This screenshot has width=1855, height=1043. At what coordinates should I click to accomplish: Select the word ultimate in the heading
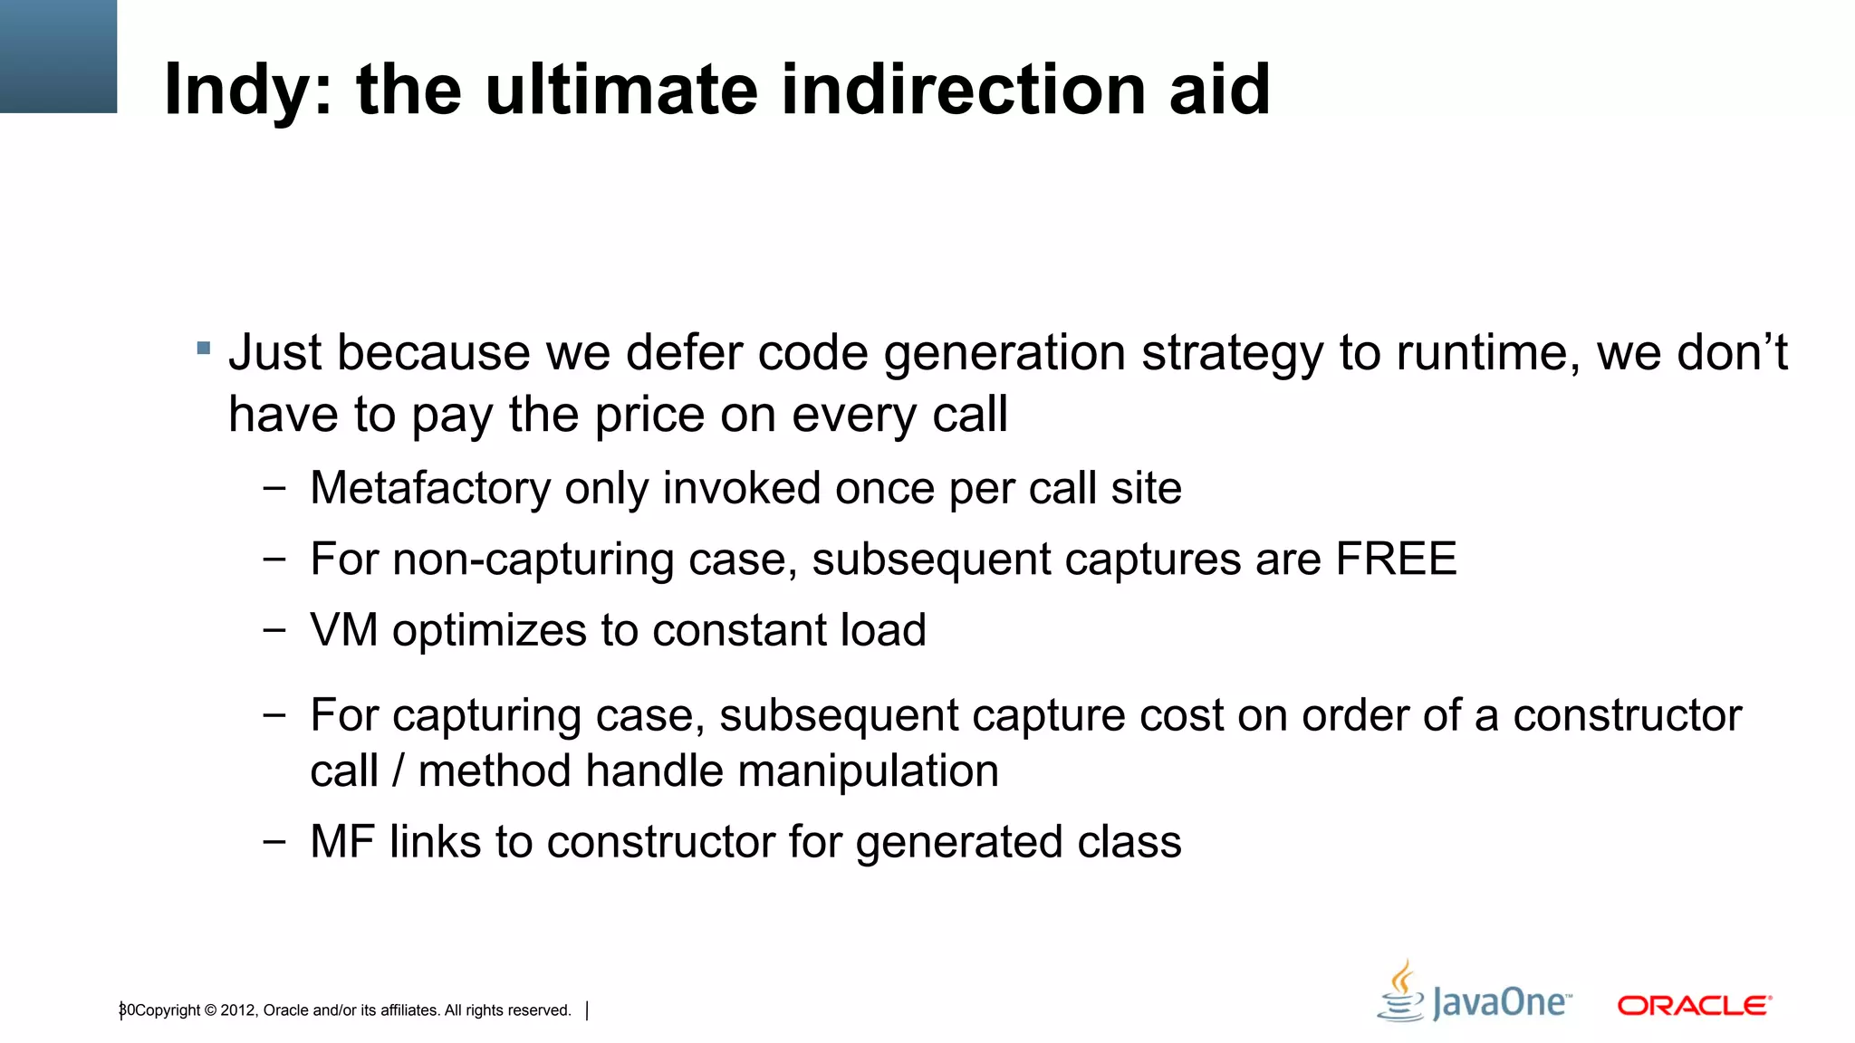click(x=621, y=91)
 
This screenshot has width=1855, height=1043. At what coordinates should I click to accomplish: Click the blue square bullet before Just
click(x=204, y=348)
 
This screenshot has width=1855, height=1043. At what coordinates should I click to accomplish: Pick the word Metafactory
click(x=430, y=489)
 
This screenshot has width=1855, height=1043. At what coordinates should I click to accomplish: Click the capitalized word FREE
click(x=1396, y=559)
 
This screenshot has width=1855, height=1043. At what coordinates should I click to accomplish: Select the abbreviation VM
click(x=343, y=630)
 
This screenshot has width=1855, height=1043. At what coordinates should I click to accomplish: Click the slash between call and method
click(x=398, y=771)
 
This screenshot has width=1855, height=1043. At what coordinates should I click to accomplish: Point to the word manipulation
click(x=882, y=771)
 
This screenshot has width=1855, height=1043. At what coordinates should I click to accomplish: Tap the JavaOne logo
click(x=1475, y=994)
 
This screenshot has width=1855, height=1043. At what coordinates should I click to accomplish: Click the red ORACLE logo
click(x=1694, y=1006)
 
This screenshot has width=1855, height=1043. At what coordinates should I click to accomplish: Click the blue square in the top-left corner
click(x=58, y=56)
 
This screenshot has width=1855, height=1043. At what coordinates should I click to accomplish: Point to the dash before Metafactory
click(x=274, y=489)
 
